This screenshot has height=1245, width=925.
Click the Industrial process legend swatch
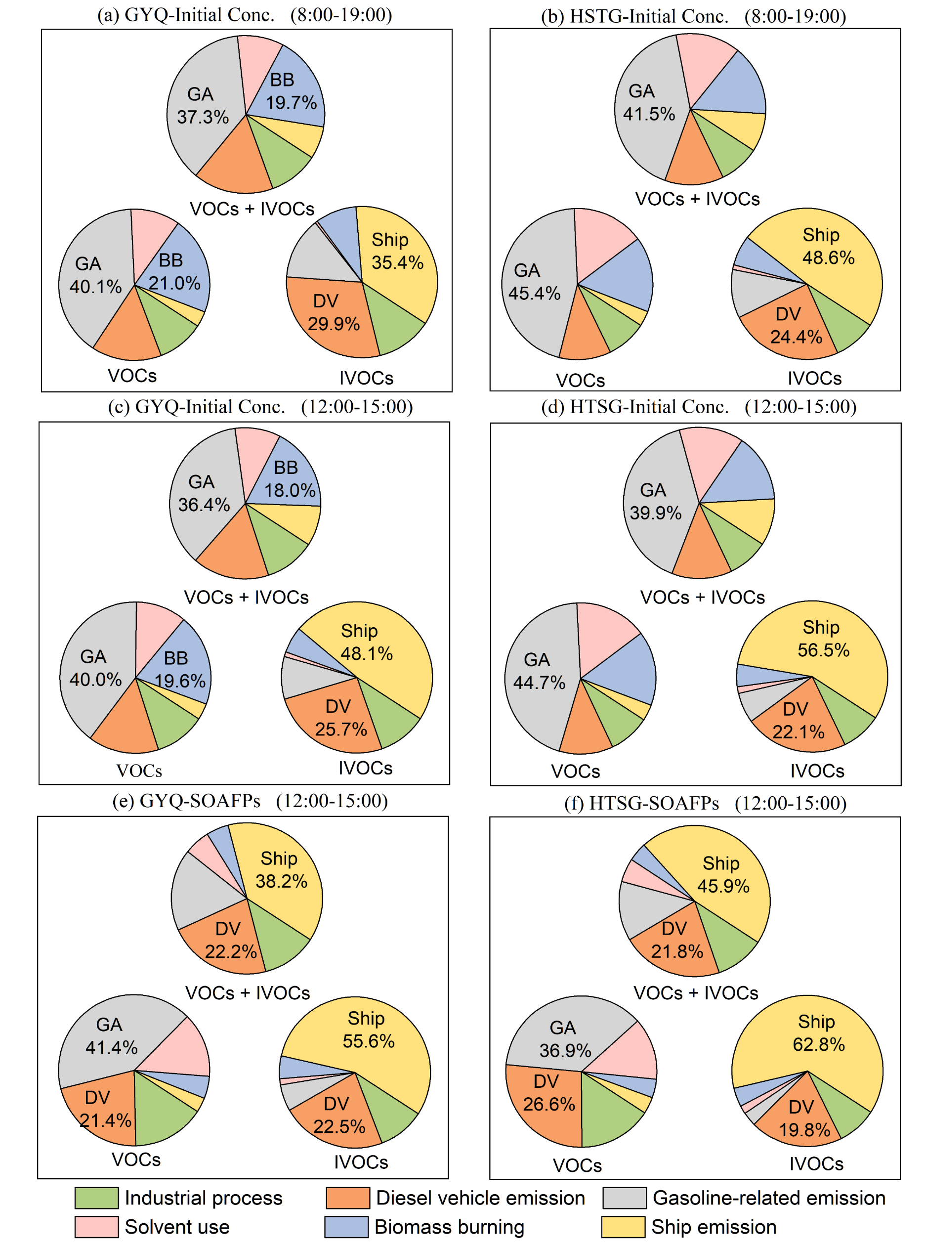(x=96, y=1198)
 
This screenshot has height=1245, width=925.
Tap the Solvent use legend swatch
(x=96, y=1227)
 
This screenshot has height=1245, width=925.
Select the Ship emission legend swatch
(x=623, y=1227)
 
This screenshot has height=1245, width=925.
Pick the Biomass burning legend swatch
(x=346, y=1227)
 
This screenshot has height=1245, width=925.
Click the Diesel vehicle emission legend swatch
(x=348, y=1198)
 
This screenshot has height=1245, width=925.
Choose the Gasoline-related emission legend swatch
(x=624, y=1198)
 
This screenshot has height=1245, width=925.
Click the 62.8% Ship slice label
(x=818, y=1044)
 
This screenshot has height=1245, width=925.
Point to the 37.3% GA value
(x=203, y=117)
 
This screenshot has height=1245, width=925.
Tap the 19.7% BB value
(x=291, y=102)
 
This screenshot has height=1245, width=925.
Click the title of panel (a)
(x=245, y=14)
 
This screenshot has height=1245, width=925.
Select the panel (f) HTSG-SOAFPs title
(x=705, y=803)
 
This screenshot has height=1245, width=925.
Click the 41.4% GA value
(x=112, y=1047)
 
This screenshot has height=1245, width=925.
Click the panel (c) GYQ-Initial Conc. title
(x=260, y=407)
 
